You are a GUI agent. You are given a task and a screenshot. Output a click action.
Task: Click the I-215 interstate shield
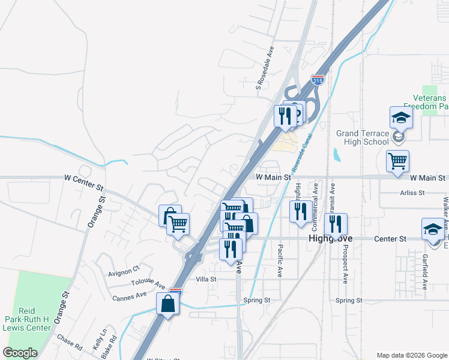point(318,80)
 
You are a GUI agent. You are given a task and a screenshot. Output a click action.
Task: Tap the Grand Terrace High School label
point(363,137)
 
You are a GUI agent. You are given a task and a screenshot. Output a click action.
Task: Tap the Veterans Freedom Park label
point(429,102)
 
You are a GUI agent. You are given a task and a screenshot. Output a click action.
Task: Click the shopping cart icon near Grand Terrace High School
point(397,161)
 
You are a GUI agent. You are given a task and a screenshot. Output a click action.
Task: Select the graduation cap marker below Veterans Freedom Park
point(401,118)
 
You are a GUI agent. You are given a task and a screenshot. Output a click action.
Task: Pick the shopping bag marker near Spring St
point(167,304)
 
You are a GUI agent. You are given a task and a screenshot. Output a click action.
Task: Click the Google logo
point(20,353)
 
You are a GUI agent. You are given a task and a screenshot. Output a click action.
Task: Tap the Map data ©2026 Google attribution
point(411,355)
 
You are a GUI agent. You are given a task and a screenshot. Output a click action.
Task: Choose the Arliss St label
point(412,193)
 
